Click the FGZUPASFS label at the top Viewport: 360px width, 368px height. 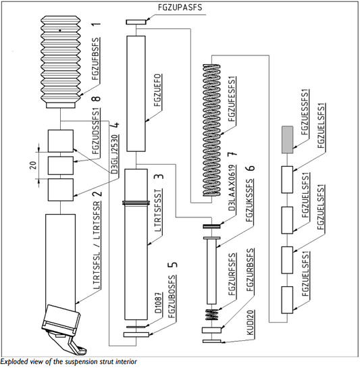tap(180, 7)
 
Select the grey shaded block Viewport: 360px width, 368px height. tap(287, 140)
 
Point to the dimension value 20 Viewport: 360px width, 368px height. tap(33, 165)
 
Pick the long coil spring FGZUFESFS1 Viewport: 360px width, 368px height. tap(212, 130)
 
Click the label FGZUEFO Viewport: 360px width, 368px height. tap(158, 90)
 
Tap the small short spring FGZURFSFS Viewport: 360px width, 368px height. tap(212, 315)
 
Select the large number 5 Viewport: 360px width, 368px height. tap(173, 265)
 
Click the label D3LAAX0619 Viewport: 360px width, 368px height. tap(232, 188)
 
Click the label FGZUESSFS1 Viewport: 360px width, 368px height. tap(305, 112)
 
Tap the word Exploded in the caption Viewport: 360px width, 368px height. tap(14, 361)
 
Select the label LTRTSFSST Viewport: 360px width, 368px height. tap(158, 211)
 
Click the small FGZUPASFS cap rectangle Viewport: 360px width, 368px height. tap(136, 22)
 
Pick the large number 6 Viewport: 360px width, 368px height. tap(251, 168)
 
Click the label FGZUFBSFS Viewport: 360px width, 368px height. tap(96, 59)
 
